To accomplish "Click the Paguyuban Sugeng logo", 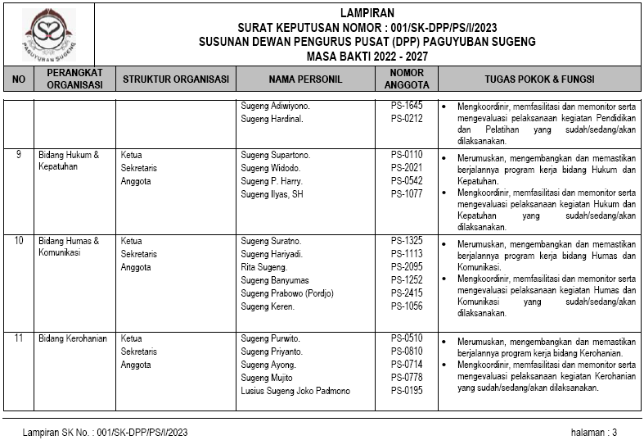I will [x=48, y=34].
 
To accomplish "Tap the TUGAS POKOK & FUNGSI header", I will [x=539, y=79].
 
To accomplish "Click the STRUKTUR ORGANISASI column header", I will [x=175, y=79].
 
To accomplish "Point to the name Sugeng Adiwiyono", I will [x=275, y=106].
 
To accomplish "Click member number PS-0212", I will [x=407, y=119].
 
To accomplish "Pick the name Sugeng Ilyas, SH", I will [x=272, y=194].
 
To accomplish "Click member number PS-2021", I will [x=407, y=168].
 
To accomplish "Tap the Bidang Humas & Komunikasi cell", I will [x=69, y=247].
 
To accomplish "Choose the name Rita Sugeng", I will [x=263, y=267].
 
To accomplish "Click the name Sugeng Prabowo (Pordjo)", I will [x=287, y=293].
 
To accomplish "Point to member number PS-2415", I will [x=407, y=293].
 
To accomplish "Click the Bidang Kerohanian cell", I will [x=73, y=338].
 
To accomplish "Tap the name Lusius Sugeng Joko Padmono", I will [x=295, y=391].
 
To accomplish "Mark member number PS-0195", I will [x=407, y=391].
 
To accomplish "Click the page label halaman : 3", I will [x=594, y=432].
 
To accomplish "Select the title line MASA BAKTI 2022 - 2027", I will [x=367, y=56].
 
